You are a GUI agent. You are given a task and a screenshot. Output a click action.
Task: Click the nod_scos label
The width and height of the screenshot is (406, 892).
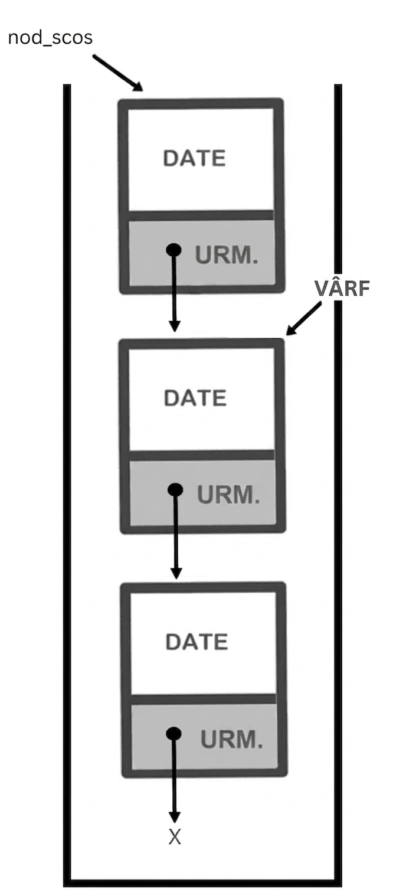tap(50, 38)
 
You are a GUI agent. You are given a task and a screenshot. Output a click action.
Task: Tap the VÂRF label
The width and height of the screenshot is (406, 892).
tap(342, 288)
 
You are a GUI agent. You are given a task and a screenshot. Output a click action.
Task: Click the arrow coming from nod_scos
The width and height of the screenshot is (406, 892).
tap(117, 73)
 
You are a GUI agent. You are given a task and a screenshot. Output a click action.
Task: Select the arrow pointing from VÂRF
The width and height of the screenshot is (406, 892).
tap(304, 319)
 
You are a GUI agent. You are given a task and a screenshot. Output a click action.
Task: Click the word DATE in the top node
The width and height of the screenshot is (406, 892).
tap(195, 158)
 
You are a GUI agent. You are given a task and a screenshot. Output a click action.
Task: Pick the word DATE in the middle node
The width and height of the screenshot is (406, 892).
tap(195, 398)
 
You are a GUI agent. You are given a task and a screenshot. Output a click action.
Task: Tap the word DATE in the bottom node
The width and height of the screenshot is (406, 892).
tap(197, 642)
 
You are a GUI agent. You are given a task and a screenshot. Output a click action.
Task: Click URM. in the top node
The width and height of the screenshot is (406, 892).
tap(227, 255)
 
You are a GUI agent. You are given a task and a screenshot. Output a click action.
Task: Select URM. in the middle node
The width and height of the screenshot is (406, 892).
tap(228, 495)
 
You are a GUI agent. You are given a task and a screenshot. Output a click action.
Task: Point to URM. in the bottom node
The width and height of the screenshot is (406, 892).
tap(232, 739)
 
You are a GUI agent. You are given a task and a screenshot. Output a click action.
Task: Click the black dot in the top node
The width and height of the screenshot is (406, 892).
tap(173, 250)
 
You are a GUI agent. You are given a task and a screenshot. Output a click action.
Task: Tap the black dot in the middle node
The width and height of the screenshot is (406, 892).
tap(175, 489)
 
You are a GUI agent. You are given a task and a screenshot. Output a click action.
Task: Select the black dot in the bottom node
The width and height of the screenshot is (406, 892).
tap(174, 734)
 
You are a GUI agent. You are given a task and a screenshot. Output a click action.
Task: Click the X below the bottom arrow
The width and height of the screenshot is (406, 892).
tap(175, 837)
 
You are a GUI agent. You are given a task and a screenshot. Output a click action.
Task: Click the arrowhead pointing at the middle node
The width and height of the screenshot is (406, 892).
tap(174, 326)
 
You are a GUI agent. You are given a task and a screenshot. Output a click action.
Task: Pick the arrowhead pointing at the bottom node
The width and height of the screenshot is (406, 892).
tap(176, 572)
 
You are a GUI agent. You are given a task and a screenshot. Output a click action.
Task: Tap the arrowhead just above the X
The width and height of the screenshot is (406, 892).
tap(174, 817)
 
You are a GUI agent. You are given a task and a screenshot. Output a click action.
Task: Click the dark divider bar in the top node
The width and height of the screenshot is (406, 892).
tap(201, 215)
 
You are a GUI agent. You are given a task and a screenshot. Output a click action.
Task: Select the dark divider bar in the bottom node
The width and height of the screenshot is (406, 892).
tap(204, 699)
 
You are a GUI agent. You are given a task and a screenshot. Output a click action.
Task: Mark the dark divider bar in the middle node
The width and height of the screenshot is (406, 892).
tap(202, 456)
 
